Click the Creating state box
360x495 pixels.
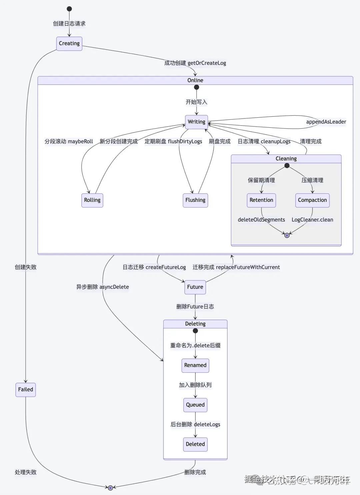69,44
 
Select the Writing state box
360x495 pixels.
196,122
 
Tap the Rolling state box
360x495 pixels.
92,200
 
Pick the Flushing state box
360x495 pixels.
195,200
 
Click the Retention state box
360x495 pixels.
261,200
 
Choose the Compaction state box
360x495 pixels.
312,200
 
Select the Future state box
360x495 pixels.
195,287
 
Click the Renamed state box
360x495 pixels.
195,365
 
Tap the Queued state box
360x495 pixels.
195,405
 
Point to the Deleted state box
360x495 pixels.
195,444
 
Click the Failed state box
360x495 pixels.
25,390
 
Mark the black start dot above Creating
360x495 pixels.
69,9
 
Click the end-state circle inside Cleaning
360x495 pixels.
287,235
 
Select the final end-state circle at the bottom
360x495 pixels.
110,488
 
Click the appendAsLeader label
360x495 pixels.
326,122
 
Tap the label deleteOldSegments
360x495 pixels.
261,220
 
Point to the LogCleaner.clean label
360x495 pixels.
312,220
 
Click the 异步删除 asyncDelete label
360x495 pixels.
102,287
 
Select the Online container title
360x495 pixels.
195,80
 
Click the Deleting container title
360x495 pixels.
195,324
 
